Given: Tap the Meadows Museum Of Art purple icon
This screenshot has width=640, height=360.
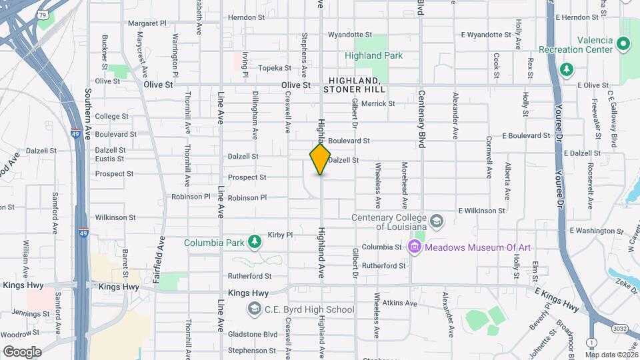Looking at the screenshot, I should (415, 247).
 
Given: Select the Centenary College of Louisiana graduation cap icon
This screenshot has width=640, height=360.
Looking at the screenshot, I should (436, 220).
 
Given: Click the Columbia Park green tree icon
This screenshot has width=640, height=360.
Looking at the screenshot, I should (253, 242).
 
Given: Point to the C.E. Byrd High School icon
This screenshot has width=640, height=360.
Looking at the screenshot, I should (254, 309).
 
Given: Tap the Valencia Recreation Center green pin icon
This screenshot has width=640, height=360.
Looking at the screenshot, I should (624, 45).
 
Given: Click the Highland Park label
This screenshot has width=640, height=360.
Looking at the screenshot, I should (373, 56).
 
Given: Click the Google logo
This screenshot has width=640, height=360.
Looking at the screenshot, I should (22, 351).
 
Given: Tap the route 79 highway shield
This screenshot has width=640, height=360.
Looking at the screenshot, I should (43, 13).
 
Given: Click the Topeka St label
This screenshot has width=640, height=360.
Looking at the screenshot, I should (275, 68).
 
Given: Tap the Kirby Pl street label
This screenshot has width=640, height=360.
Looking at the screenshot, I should (280, 235).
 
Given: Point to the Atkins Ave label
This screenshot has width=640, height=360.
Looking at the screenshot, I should (400, 303).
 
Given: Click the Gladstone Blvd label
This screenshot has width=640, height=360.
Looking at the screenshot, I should (253, 334).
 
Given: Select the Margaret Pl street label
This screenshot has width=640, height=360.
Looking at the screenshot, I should (147, 23).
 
